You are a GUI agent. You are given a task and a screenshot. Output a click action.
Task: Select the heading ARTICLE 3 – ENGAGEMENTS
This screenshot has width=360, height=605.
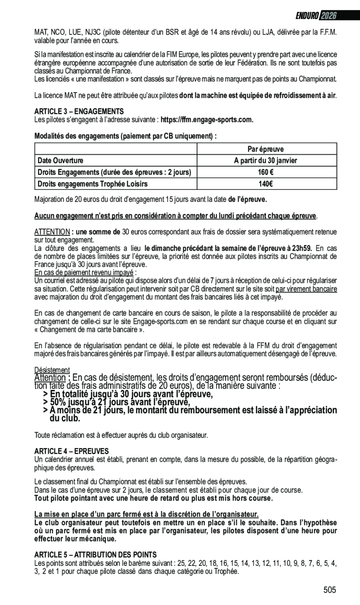[79, 112]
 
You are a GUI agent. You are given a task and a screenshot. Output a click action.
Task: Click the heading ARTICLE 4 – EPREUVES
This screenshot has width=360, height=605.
[71, 451]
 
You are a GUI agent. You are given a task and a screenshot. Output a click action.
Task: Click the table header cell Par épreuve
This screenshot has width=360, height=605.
[265, 149]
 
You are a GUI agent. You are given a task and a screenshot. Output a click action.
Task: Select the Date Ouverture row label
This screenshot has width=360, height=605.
[61, 161]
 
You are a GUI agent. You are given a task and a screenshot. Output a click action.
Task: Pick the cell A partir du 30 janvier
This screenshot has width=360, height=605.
[265, 161]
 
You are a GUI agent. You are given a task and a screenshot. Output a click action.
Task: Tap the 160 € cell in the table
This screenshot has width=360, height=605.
[265, 172]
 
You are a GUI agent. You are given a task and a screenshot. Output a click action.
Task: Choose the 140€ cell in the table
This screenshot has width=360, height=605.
[265, 184]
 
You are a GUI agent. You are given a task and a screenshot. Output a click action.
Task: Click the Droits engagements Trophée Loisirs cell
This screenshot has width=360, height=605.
[92, 184]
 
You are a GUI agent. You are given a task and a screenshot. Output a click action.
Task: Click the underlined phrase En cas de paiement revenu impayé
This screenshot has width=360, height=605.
[85, 272]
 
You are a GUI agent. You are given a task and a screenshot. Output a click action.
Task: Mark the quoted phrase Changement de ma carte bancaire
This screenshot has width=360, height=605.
[89, 330]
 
